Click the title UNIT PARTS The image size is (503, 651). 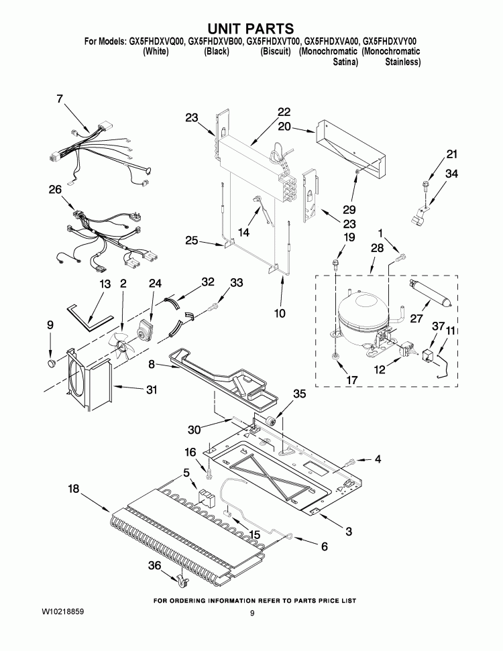[251, 28]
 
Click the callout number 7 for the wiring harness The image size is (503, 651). [59, 99]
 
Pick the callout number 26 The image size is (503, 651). [55, 190]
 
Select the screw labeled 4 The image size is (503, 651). [351, 462]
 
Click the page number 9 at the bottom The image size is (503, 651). [252, 613]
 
